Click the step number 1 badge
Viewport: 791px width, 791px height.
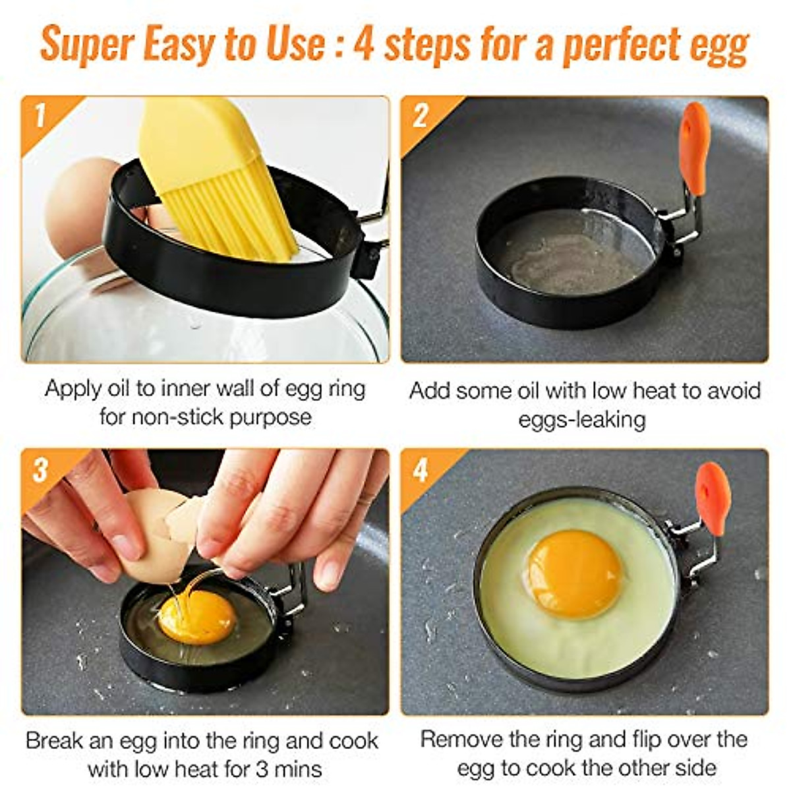click(x=40, y=116)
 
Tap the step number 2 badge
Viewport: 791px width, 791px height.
click(x=420, y=116)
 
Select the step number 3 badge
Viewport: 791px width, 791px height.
click(x=40, y=469)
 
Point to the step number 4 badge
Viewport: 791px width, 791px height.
click(x=420, y=469)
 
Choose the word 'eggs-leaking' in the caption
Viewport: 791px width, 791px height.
click(x=582, y=420)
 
